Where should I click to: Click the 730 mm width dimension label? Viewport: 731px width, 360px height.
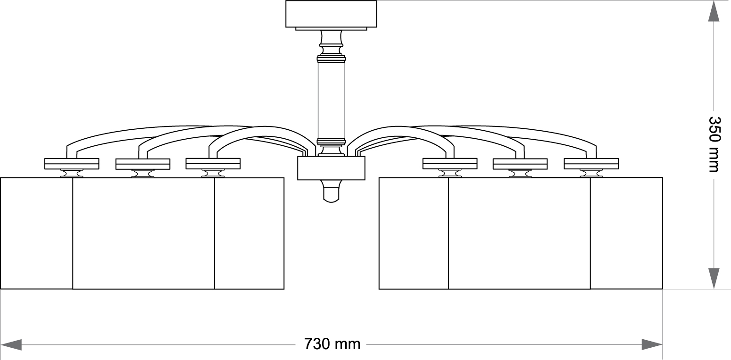point(332,344)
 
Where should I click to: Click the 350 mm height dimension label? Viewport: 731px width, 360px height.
point(714,144)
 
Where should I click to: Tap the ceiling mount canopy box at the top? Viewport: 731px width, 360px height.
point(331,14)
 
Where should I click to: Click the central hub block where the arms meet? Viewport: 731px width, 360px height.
point(331,168)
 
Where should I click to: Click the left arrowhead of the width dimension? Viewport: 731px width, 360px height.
point(11,344)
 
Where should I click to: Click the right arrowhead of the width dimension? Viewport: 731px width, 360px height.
point(652,344)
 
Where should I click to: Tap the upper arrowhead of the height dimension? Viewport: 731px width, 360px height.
point(714,11)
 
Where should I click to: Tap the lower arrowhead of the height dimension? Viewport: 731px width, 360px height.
point(714,278)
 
